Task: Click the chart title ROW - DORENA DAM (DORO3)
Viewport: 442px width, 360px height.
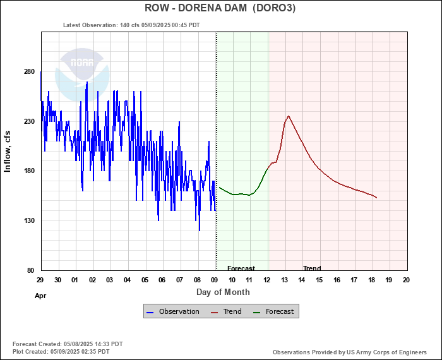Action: tap(220, 8)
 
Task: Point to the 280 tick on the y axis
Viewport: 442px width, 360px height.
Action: tap(29, 71)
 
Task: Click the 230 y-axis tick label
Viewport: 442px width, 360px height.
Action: tap(29, 121)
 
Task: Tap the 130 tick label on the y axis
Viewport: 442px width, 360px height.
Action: tap(29, 221)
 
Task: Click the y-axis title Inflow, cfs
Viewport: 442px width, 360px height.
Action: tap(8, 151)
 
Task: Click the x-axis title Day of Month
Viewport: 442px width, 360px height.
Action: tap(223, 292)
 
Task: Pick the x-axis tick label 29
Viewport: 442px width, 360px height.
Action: tap(40, 280)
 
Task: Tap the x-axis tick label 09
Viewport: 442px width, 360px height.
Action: tap(215, 280)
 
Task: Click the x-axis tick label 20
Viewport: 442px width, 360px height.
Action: tap(406, 280)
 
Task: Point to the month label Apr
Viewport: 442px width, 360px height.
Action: tap(40, 295)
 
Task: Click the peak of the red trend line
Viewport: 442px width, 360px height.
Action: tap(289, 116)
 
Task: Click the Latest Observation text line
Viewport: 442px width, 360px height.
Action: tap(131, 25)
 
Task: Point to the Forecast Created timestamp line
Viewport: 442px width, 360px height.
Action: tap(68, 344)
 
